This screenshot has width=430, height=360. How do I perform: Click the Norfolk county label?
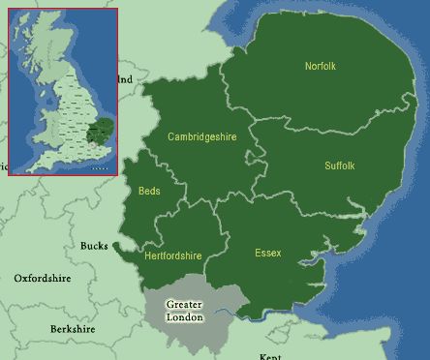tap(320, 67)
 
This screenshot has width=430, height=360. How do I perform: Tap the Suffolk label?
tap(339, 165)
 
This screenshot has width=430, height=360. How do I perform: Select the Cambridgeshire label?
tap(201, 137)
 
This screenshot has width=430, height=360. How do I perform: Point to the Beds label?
tap(149, 191)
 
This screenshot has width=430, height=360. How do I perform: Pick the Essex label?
tap(267, 254)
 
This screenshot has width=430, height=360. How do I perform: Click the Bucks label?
tap(95, 246)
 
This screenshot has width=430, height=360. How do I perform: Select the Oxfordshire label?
tap(43, 279)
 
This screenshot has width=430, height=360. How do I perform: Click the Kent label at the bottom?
tap(270, 356)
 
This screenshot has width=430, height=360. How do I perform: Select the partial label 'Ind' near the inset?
tap(125, 79)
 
